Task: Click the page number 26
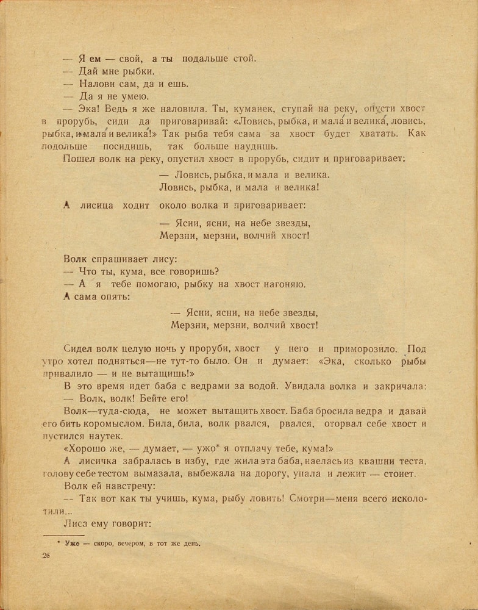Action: tap(46, 555)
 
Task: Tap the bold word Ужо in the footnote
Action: tap(72, 543)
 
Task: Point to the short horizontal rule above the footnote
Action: tap(63, 535)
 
